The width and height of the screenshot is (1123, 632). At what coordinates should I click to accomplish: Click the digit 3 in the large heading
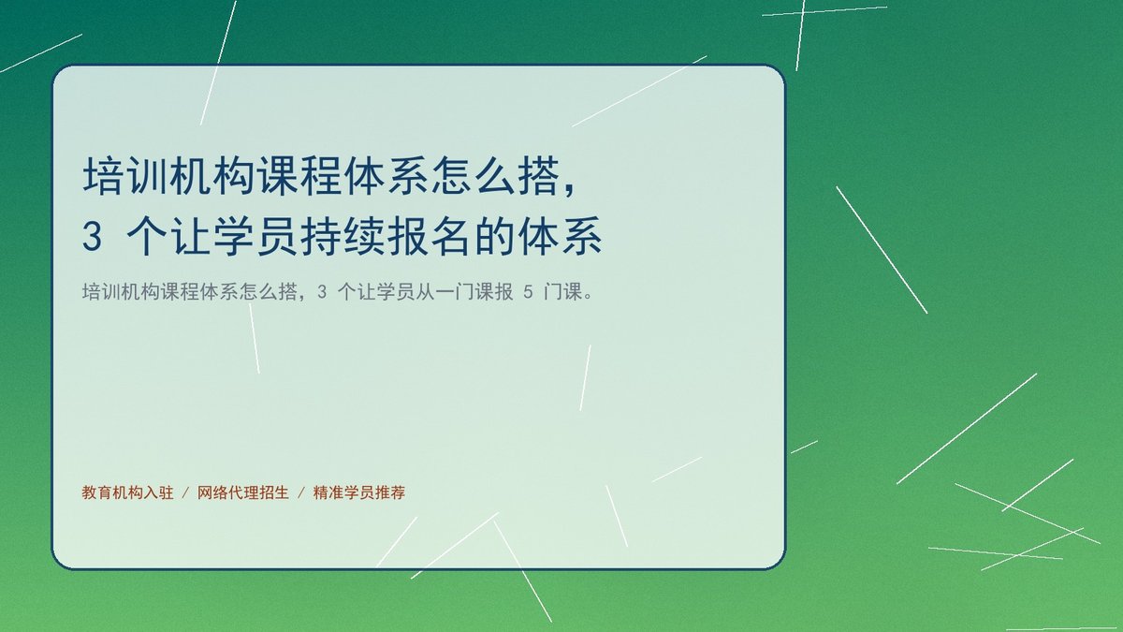click(x=93, y=236)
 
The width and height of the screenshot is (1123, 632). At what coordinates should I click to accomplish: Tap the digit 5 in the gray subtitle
click(x=528, y=291)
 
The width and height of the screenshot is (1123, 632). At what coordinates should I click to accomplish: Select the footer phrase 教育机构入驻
click(x=127, y=492)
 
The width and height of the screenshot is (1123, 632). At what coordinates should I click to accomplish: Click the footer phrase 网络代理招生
click(x=243, y=492)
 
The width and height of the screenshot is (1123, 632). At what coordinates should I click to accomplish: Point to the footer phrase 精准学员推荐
click(x=359, y=492)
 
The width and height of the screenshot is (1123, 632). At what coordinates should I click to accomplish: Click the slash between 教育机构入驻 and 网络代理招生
click(x=185, y=493)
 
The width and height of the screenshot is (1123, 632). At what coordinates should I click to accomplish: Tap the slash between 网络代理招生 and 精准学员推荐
click(x=301, y=493)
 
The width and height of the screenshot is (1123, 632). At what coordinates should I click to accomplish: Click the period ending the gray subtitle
click(x=588, y=297)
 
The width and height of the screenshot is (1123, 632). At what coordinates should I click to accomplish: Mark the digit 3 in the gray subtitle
click(x=322, y=291)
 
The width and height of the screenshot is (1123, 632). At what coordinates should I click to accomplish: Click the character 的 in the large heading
click(x=495, y=236)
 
